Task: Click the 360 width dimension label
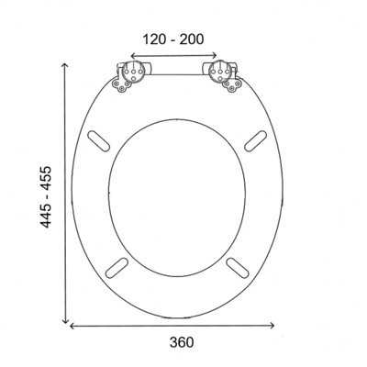coord(182,342)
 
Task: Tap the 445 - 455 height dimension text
coord(46,197)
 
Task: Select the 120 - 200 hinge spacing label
coord(173,39)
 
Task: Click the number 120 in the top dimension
coord(155,39)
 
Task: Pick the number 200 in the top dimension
coord(192,39)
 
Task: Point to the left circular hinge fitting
coord(133,72)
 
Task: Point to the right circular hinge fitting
coord(219,72)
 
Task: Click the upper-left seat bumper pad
coord(98,140)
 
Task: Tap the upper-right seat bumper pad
coord(256,140)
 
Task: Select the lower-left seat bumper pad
coord(117,268)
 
